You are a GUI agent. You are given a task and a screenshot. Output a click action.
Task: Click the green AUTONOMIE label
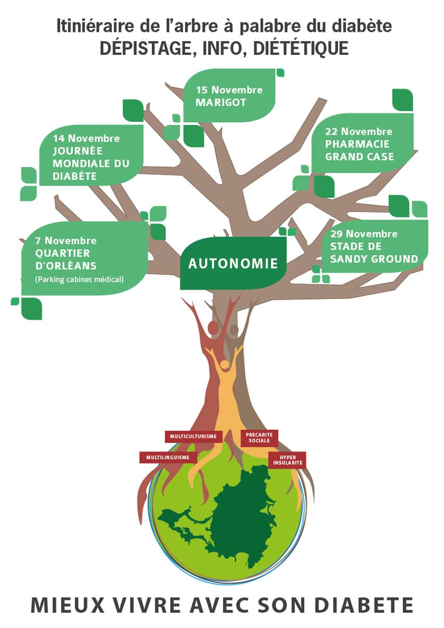[232, 263]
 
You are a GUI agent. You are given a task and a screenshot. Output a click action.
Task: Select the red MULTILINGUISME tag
[168, 457]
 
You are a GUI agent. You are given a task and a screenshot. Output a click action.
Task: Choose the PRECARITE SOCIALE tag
[259, 437]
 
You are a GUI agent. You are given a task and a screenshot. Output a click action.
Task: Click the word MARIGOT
[220, 102]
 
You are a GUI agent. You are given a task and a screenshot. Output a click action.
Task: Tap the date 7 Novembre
[66, 241]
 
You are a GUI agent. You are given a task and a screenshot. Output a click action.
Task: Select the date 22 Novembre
[359, 132]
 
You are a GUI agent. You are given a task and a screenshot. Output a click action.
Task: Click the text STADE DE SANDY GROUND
[374, 252]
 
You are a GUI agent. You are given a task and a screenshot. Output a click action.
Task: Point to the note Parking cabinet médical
[79, 279]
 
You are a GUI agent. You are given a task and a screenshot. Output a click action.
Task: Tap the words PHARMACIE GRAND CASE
[359, 150]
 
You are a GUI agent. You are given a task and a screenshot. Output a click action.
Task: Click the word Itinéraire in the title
[86, 27]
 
